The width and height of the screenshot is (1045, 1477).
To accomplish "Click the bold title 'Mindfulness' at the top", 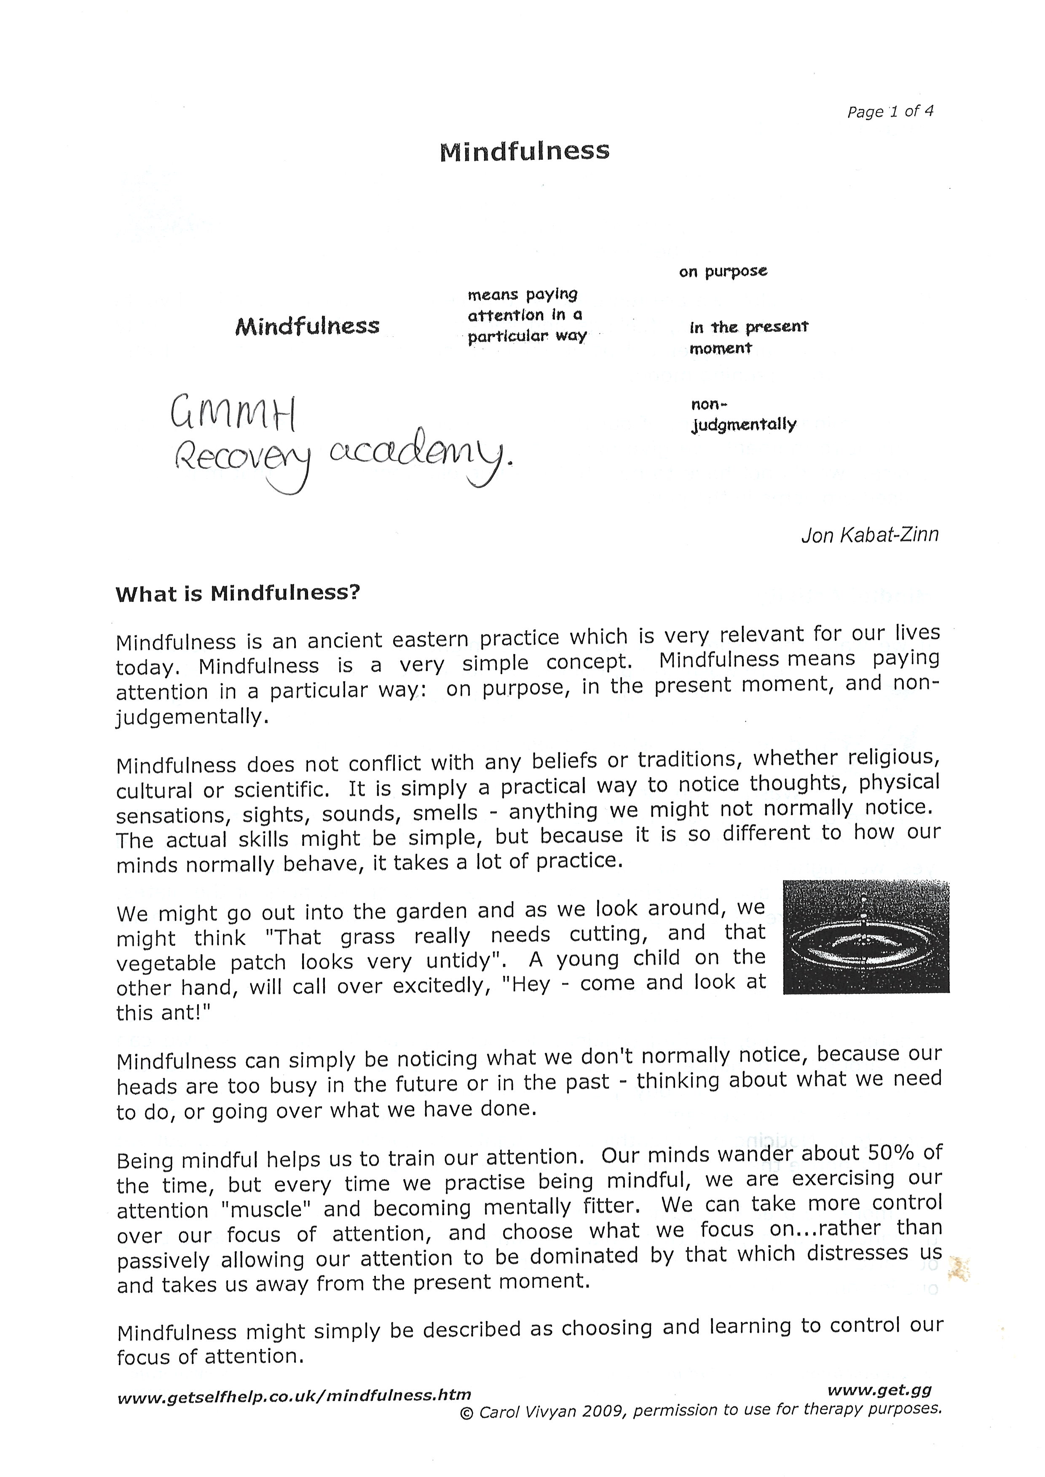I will tap(525, 152).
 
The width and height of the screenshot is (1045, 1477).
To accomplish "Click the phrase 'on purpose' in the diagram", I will tap(723, 271).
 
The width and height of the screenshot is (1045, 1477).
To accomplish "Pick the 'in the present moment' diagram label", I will tap(748, 337).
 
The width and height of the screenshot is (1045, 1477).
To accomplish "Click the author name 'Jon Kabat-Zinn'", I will tap(869, 535).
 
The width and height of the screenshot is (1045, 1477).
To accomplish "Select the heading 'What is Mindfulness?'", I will tap(237, 593).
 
